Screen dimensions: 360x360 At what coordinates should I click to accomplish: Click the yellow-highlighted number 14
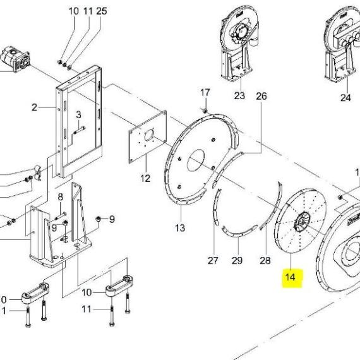[290, 277]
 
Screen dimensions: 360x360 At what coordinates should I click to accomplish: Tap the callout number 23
[239, 95]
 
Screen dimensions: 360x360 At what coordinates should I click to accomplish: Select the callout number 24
[345, 98]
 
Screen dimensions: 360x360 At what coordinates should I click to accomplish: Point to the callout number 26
[261, 97]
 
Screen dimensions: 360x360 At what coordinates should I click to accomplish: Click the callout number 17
[205, 92]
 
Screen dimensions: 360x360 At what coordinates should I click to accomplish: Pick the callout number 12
[145, 178]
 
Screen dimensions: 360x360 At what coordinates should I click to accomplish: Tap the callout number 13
[180, 228]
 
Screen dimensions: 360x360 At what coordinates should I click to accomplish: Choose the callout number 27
[213, 261]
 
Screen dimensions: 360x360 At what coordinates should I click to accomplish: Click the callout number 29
[237, 261]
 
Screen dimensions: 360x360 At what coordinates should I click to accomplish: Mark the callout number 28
[265, 261]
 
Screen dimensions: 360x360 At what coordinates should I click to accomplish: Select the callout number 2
[34, 107]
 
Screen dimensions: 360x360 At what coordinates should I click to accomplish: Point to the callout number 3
[78, 114]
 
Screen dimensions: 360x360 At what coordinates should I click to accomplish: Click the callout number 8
[60, 197]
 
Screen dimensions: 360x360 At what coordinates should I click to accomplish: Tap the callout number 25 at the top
[102, 11]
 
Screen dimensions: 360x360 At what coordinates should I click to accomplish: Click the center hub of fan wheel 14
[302, 222]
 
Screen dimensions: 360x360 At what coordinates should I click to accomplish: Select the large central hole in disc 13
[196, 160]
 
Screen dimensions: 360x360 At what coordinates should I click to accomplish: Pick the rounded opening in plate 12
[149, 135]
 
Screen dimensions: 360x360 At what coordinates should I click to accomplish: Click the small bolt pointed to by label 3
[80, 130]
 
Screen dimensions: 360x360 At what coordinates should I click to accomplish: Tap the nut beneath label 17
[205, 111]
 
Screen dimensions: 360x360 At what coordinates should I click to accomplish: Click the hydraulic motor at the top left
[15, 59]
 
